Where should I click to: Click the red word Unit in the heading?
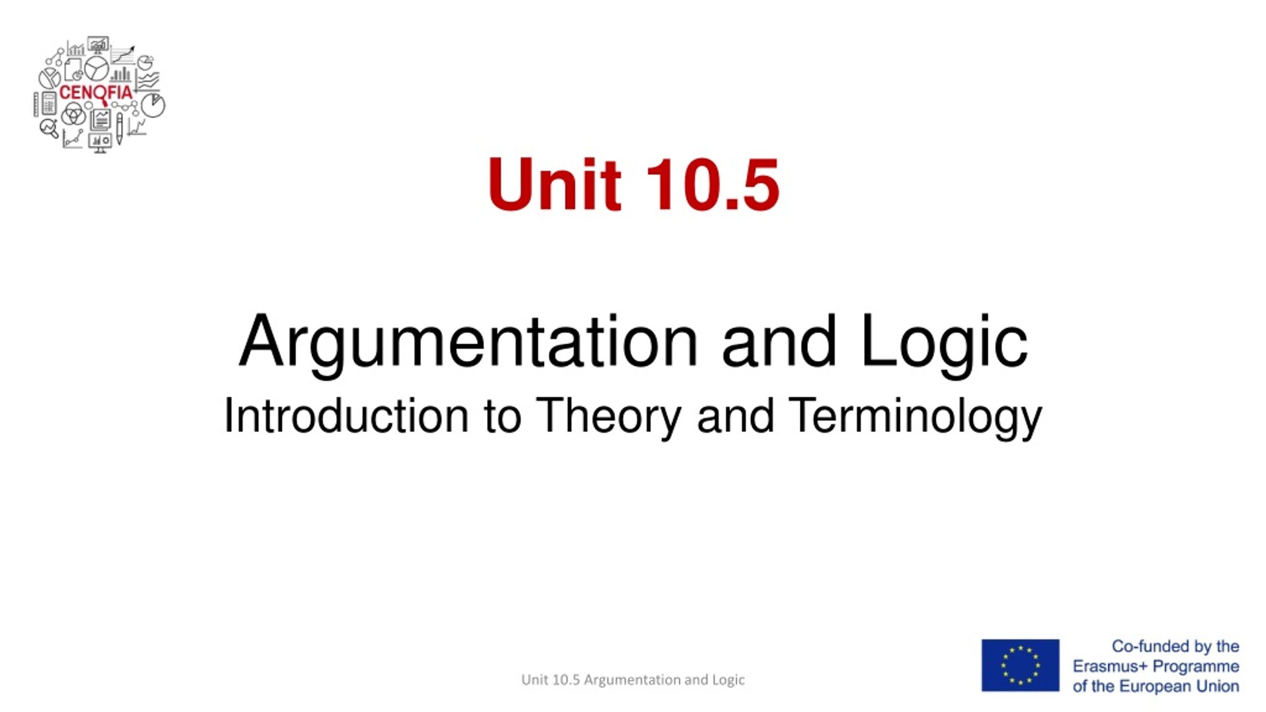tap(554, 184)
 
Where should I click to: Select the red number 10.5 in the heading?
tap(713, 184)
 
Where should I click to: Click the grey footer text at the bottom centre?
tap(633, 680)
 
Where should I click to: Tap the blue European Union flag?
tap(1020, 665)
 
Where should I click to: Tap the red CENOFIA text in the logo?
tap(96, 92)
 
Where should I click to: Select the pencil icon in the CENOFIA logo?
tap(119, 129)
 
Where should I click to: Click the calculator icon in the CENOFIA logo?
tap(49, 103)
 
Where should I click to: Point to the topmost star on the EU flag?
tap(1020, 647)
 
